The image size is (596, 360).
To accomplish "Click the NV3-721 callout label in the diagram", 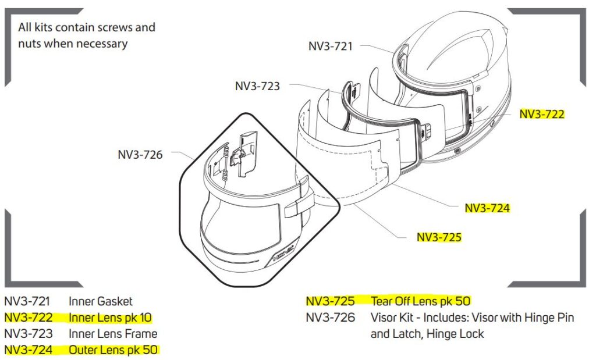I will [x=330, y=46].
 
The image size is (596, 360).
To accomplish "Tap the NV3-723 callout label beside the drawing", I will [x=257, y=87].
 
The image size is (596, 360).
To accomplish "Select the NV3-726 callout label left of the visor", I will [x=140, y=155].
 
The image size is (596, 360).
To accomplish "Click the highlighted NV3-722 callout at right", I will [x=542, y=114].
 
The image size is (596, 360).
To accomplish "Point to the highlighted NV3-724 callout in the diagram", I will [x=487, y=208].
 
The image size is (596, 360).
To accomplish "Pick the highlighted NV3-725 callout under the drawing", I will [x=439, y=237].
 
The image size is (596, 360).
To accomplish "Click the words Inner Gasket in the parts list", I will [x=100, y=301].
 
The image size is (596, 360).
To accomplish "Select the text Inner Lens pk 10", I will [x=110, y=318].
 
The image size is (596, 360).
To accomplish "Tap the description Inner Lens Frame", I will [x=112, y=334].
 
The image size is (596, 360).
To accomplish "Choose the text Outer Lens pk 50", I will [x=113, y=350].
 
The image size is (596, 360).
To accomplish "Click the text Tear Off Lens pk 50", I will [x=420, y=301].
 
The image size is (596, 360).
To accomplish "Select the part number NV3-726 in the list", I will [x=330, y=318].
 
